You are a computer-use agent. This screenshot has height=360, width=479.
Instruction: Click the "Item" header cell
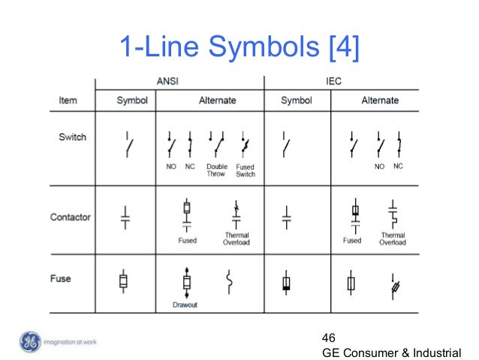coord(70,100)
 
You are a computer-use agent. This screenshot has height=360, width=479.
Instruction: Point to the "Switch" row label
coord(72,138)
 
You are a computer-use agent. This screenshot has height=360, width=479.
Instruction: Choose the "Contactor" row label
coord(70,217)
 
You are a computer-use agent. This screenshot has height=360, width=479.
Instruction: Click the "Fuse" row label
coord(61,279)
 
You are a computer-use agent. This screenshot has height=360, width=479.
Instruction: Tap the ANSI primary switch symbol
coord(129,144)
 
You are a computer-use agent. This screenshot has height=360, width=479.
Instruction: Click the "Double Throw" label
coord(217,170)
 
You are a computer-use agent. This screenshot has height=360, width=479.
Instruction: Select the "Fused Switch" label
coord(245,170)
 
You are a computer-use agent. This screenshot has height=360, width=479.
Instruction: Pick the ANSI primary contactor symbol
coord(125,216)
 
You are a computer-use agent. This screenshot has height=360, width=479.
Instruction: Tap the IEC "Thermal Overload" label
coord(393,239)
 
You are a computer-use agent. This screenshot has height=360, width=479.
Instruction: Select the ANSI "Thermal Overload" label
coord(236,239)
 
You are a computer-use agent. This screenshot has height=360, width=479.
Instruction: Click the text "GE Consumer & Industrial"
coord(392,351)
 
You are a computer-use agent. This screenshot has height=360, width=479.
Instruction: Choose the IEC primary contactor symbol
coord(286,217)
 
